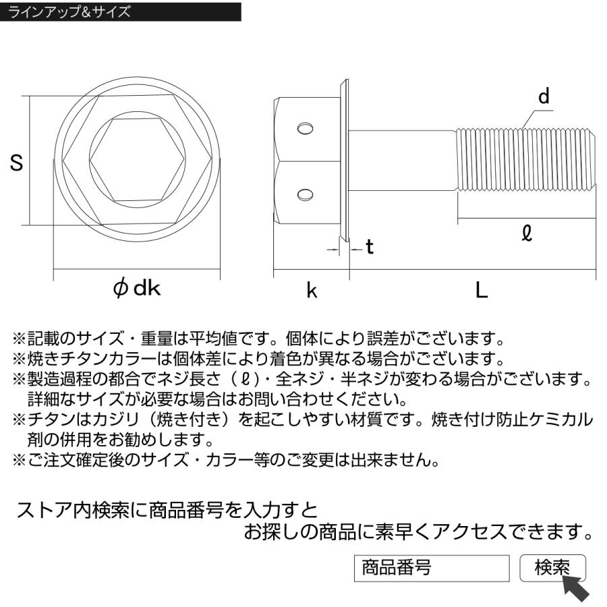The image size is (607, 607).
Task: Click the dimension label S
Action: point(18,163)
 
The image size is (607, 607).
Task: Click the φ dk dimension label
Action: point(137,289)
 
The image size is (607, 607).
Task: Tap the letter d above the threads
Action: point(544,96)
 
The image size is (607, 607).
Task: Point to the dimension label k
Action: point(312,291)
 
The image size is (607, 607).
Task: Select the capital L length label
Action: point(481,290)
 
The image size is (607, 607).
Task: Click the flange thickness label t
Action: point(369,248)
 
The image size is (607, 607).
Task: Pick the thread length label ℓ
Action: point(527,233)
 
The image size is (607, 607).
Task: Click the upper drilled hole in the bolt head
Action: point(306,129)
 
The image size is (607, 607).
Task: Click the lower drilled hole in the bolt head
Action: point(306,195)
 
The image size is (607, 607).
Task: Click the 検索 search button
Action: point(552,568)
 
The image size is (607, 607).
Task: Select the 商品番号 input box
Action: point(432,568)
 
